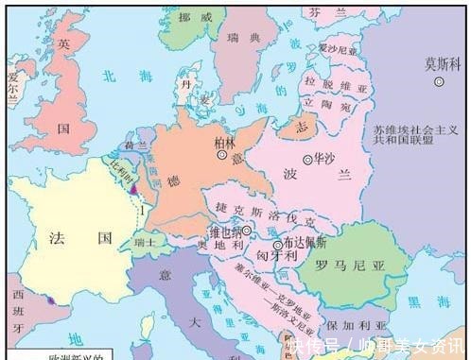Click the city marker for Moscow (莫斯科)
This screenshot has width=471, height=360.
[x=438, y=82]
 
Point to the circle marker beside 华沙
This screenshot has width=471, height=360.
[x=307, y=159]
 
